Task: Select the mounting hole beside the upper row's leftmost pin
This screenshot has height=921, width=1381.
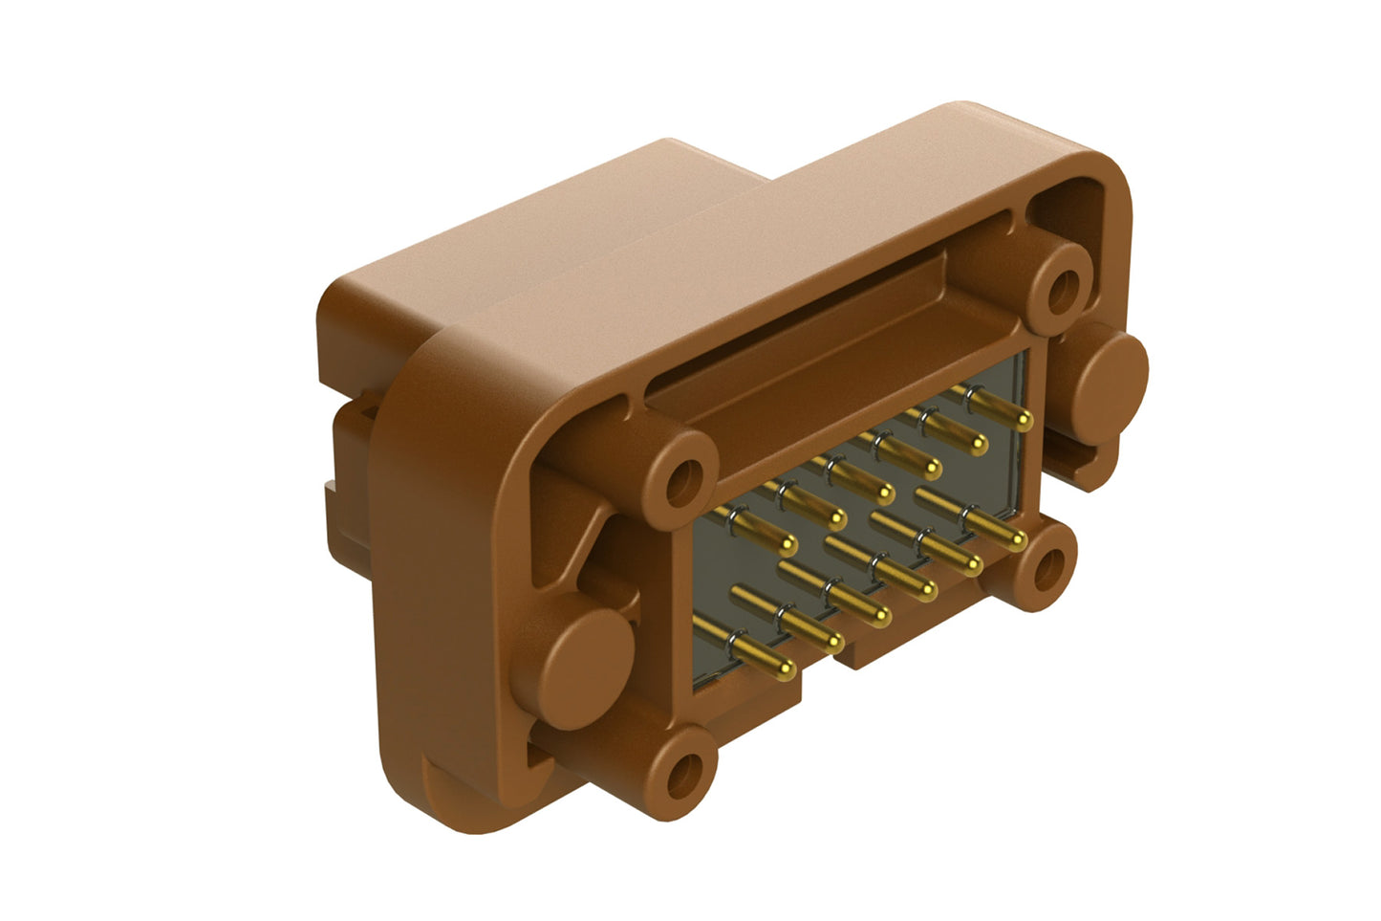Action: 682,482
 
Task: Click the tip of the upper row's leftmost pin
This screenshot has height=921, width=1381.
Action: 788,546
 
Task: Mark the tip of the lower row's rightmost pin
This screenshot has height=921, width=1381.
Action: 1019,540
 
